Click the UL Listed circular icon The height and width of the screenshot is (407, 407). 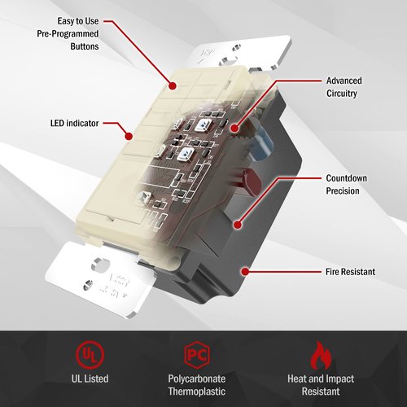90,354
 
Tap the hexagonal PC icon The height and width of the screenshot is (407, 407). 197,355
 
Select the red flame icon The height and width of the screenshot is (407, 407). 321,356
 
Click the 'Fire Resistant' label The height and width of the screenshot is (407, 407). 350,272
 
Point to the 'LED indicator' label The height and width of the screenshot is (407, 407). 74,123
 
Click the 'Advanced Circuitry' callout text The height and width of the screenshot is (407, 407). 344,87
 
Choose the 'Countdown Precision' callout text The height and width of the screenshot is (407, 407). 346,185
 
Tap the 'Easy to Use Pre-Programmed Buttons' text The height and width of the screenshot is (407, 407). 68,33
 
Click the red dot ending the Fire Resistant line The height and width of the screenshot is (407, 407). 245,271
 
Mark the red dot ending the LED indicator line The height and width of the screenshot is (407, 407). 129,136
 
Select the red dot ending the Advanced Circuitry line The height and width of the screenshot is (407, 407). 235,128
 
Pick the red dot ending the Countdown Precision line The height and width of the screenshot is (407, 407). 238,225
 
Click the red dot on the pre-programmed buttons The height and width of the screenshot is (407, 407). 172,85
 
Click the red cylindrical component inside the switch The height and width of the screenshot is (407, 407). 252,181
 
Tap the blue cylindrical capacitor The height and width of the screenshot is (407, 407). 261,144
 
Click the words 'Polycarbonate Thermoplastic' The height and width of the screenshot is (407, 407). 197,385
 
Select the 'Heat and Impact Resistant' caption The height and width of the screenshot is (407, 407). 321,385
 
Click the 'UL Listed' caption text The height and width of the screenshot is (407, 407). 90,379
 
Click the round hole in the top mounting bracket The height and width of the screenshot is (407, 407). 225,61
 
